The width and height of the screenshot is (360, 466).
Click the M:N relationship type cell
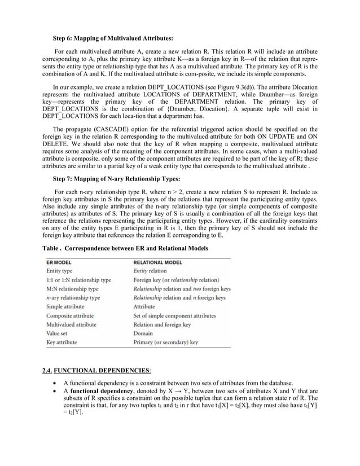pyautogui.click(x=73, y=289)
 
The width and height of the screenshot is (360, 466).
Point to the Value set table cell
pyautogui.click(x=59, y=333)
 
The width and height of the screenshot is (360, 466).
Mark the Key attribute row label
pyautogui.click(x=62, y=342)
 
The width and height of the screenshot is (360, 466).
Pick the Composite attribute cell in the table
pyautogui.click(x=70, y=316)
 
